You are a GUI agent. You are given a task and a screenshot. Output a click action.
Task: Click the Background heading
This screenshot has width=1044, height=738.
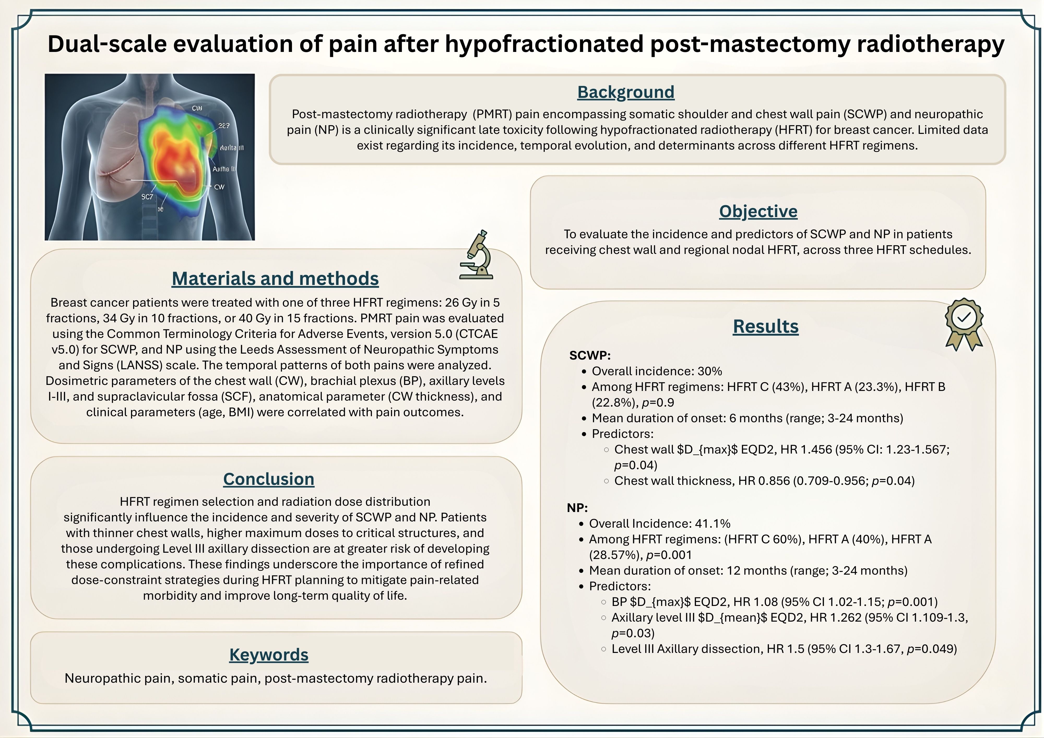tap(626, 92)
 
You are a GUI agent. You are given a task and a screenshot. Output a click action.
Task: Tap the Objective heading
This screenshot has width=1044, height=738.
tap(758, 211)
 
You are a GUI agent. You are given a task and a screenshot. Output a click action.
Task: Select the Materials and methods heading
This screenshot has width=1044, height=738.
tap(275, 279)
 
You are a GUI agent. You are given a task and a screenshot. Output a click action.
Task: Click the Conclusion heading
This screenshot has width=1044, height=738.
tap(269, 479)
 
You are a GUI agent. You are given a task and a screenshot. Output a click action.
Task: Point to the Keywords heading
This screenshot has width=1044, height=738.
tap(269, 655)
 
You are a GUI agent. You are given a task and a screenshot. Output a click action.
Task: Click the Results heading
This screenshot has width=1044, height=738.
tap(766, 326)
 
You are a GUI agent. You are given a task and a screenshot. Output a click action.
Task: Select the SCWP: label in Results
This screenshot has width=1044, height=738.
tap(590, 356)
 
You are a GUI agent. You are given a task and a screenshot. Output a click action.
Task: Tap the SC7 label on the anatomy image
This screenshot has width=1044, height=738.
tap(147, 197)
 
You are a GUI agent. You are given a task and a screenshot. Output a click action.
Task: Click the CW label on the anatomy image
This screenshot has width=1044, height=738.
tap(219, 187)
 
